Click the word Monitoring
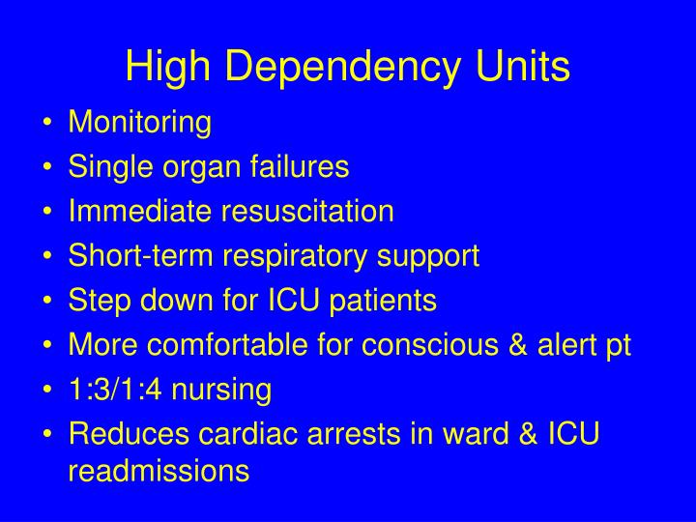(139, 124)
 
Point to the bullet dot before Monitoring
(49, 124)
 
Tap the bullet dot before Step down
(49, 302)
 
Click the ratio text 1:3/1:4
(117, 390)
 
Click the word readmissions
(159, 471)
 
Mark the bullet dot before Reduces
(49, 435)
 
